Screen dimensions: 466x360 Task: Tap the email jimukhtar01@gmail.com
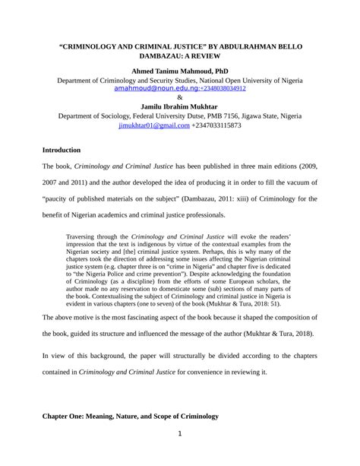coord(154,125)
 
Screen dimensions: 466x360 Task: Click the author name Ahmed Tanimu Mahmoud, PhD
coord(180,70)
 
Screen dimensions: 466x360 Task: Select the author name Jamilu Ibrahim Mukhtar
coord(180,106)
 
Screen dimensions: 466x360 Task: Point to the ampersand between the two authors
coord(180,98)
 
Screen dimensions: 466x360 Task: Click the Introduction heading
coord(66,151)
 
